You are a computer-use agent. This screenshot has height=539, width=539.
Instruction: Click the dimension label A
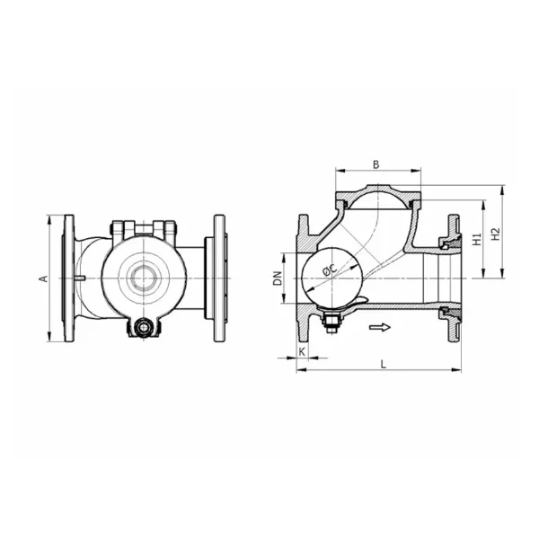[44, 278]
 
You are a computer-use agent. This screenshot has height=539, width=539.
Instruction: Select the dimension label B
[376, 164]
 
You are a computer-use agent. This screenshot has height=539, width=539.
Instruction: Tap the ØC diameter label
[330, 270]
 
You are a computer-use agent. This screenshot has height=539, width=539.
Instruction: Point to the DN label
[278, 278]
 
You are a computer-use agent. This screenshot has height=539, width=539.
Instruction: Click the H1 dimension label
[476, 239]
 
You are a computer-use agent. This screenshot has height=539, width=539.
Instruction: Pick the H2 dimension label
[495, 234]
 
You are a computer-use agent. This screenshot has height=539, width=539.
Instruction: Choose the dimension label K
[302, 352]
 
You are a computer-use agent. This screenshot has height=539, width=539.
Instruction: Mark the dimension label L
[384, 365]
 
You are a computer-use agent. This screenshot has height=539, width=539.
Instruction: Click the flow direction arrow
[380, 327]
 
